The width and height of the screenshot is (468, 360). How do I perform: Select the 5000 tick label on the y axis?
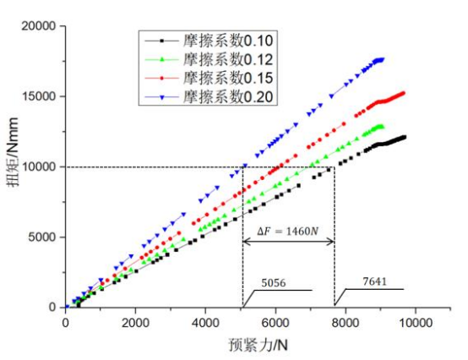tap(41, 237)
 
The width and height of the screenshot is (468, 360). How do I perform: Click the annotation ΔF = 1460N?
tap(287, 228)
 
